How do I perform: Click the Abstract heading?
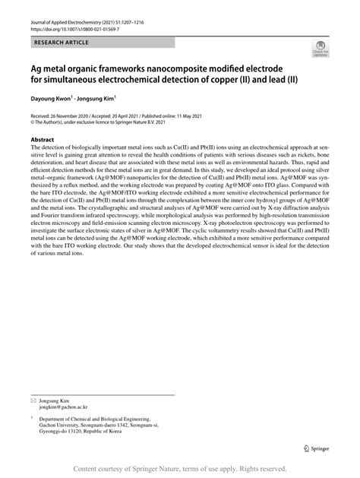[43, 140]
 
